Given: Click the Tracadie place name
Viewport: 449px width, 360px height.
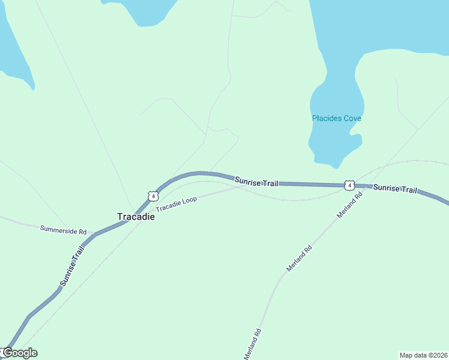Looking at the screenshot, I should [136, 217].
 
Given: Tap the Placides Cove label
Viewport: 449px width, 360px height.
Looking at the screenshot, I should [336, 118].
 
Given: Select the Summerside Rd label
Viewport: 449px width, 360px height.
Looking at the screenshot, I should [63, 230].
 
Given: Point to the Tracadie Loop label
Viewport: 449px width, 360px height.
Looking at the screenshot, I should [176, 203].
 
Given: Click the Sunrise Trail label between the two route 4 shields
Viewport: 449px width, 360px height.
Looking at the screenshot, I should [256, 181].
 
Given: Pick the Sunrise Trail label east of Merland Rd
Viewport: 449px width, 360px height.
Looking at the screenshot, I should [395, 188].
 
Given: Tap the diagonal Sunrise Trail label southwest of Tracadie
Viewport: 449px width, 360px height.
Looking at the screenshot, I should [72, 265].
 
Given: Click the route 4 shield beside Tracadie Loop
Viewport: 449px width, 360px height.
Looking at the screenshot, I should [153, 196].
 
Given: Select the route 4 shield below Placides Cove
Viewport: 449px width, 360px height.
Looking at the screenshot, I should [349, 185].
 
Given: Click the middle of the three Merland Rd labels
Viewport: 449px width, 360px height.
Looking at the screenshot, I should [300, 258].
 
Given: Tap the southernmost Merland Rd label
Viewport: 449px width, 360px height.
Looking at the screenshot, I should [252, 344].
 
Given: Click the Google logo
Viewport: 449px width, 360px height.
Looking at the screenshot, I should [19, 353].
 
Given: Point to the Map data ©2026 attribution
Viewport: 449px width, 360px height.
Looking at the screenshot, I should [423, 355].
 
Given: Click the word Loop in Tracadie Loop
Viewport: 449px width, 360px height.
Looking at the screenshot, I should [188, 200].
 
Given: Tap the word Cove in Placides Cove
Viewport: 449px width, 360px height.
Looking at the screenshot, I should [352, 118].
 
